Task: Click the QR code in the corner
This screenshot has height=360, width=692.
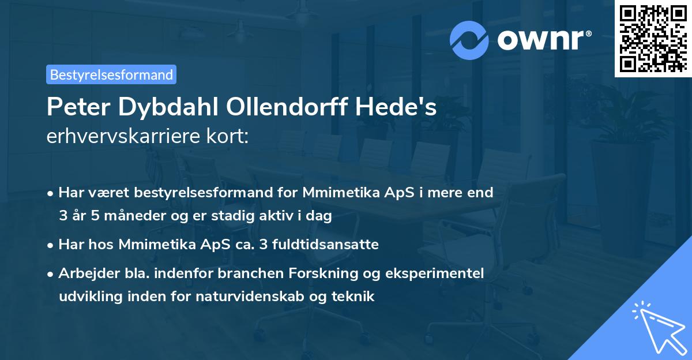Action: coord(652,38)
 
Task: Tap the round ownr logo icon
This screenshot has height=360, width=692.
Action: coord(469,40)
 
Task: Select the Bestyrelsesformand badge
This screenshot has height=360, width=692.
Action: coord(111,74)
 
